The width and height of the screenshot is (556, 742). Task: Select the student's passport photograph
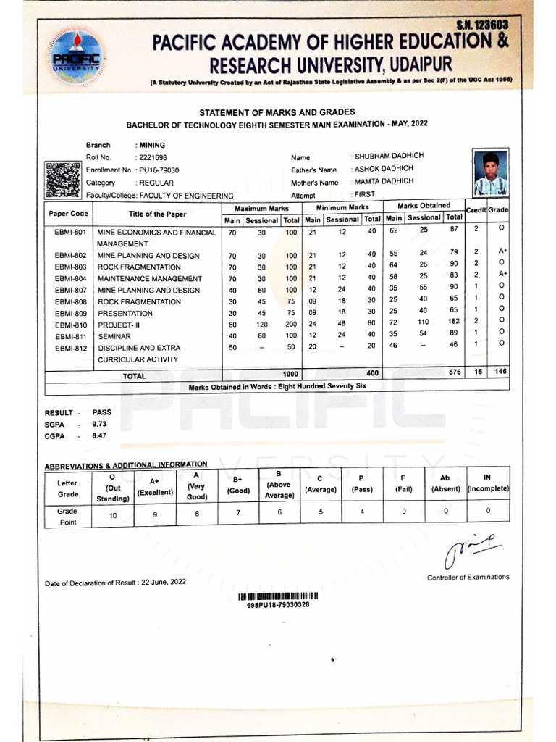pos(490,174)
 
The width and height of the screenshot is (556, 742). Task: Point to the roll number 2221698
pos(151,157)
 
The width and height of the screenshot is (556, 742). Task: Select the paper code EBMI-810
pos(70,325)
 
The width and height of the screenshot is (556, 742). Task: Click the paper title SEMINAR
pos(114,337)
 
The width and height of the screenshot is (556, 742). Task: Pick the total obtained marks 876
pos(454,372)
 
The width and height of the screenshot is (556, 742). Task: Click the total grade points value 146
pos(500,372)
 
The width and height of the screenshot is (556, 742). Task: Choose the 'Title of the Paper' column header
pos(157,214)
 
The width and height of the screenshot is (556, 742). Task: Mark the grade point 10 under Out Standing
pos(111,515)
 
